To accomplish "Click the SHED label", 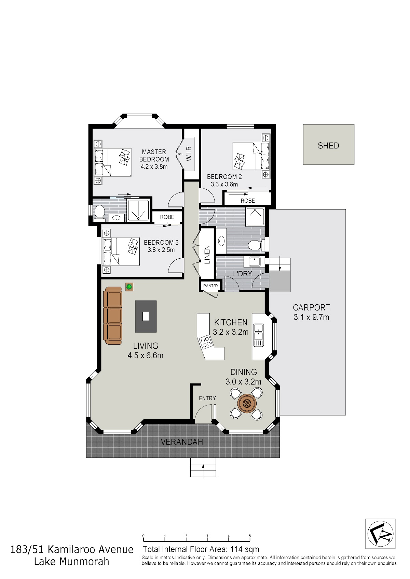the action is pyautogui.click(x=328, y=146).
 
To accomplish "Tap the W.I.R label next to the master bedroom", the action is pyautogui.click(x=189, y=154).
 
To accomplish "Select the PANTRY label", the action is pyautogui.click(x=211, y=286).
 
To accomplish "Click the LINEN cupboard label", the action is pyautogui.click(x=207, y=255).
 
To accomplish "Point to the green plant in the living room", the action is pyautogui.click(x=129, y=287).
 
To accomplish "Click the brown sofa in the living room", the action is pyautogui.click(x=113, y=316).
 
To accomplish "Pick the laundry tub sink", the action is pyautogui.click(x=255, y=261).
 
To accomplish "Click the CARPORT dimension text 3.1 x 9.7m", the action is pyautogui.click(x=311, y=317).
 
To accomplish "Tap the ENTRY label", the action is pyautogui.click(x=207, y=398).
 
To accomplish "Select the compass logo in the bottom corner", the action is pyautogui.click(x=380, y=534).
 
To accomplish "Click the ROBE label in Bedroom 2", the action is pyautogui.click(x=248, y=201).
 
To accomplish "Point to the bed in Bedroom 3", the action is pyautogui.click(x=121, y=252).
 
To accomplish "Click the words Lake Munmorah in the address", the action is pyautogui.click(x=71, y=562).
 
